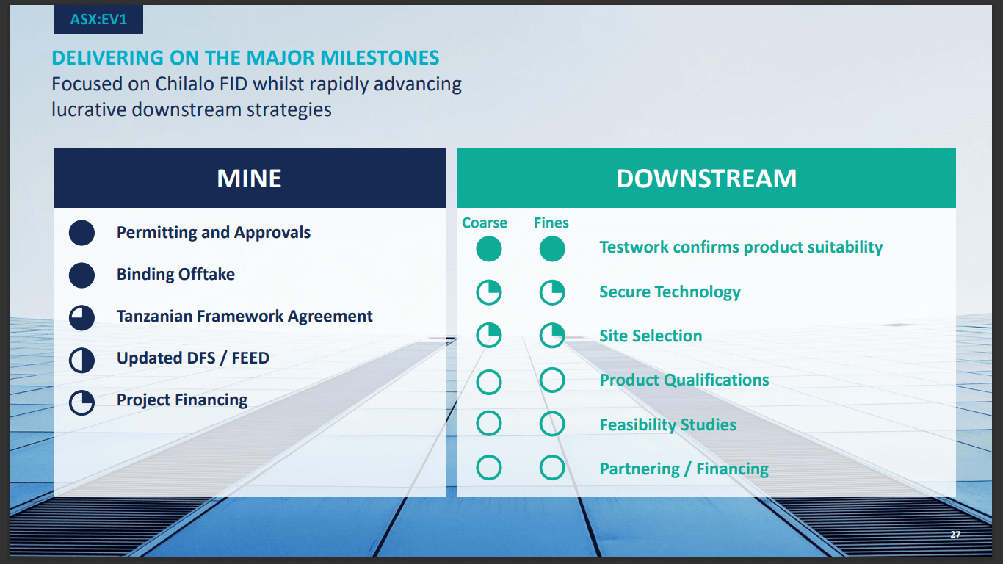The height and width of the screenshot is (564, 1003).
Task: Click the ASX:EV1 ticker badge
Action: coord(98,20)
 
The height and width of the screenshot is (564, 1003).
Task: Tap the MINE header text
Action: coord(249,178)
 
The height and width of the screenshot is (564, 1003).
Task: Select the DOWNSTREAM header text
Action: coord(706,178)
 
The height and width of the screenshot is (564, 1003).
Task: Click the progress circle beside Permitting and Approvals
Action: coord(82,233)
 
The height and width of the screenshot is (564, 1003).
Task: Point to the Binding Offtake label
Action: coord(175,275)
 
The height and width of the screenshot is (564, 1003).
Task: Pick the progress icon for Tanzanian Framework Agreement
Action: coord(82,317)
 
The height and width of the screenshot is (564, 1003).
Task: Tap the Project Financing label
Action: coord(182,400)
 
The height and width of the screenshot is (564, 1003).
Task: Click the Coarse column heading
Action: coord(485,223)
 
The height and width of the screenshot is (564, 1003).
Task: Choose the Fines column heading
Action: coord(551,223)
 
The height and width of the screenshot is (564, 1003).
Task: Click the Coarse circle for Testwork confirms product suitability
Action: coord(489,249)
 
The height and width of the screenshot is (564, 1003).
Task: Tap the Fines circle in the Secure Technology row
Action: coord(552,293)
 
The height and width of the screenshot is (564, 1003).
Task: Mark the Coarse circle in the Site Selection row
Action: coord(489,336)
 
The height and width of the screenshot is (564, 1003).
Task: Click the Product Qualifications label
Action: coord(684,380)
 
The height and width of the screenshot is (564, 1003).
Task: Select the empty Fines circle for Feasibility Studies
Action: coord(552,424)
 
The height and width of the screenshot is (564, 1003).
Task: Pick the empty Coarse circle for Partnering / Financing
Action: coord(489,468)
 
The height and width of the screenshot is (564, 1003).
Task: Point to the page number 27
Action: coord(955,534)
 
